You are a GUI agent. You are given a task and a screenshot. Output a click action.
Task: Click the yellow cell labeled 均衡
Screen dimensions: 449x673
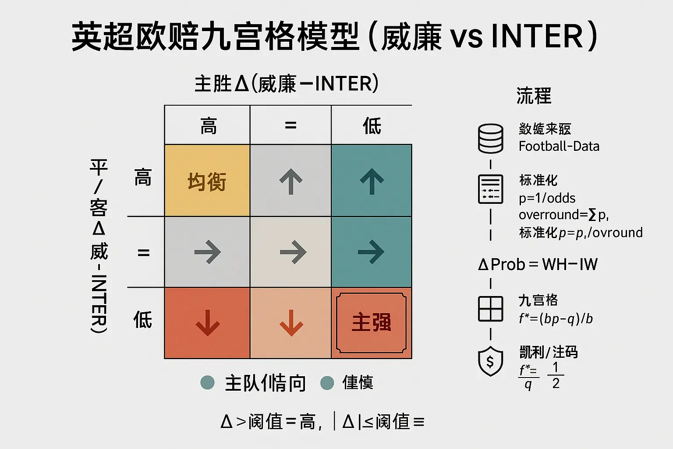[x=207, y=181]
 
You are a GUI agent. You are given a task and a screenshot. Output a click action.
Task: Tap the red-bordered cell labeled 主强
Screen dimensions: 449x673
[x=371, y=323]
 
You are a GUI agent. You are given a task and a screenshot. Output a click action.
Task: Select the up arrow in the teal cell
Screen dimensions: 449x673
[x=372, y=181]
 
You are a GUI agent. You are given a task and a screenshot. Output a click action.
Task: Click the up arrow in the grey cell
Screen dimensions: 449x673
[x=291, y=181]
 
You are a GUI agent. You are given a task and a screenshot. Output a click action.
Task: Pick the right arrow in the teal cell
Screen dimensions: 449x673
[x=371, y=252]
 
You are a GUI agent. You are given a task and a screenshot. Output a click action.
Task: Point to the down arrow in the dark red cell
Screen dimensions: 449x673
[x=207, y=323]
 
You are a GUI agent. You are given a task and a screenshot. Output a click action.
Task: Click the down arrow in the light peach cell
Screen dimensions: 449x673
[x=291, y=323]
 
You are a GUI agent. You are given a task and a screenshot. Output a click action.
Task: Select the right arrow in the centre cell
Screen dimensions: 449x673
[x=293, y=252]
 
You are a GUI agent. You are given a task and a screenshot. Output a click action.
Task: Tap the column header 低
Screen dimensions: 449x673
[x=372, y=126]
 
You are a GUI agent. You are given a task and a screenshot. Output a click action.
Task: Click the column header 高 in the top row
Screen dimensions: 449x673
[x=208, y=126]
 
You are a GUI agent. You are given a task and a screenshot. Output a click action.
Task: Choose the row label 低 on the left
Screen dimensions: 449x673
[x=142, y=319]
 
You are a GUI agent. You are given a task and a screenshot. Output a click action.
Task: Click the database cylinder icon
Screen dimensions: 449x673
[x=490, y=139]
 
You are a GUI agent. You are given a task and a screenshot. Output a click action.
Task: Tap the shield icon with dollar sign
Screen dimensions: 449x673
[x=490, y=361]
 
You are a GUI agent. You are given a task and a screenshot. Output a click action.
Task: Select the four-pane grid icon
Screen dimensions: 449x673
[x=490, y=309]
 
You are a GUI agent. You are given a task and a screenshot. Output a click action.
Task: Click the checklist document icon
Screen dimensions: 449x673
[x=490, y=189]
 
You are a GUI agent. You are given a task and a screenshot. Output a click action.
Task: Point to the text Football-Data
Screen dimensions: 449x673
[x=559, y=146]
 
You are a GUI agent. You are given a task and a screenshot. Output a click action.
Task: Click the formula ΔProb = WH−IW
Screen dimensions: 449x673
[x=538, y=264]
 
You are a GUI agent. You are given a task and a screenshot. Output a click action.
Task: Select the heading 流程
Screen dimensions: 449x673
[x=534, y=96]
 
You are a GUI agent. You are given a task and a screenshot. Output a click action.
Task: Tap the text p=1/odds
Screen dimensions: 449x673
[x=547, y=198]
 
